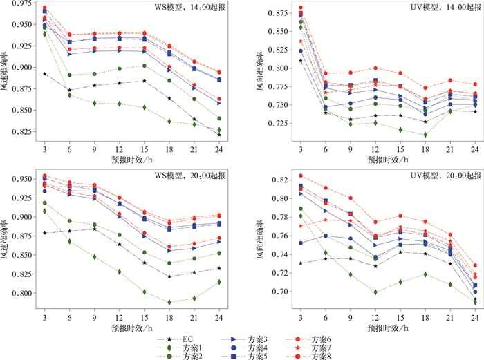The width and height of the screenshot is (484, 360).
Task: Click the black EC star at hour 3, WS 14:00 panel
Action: coord(45,74)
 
